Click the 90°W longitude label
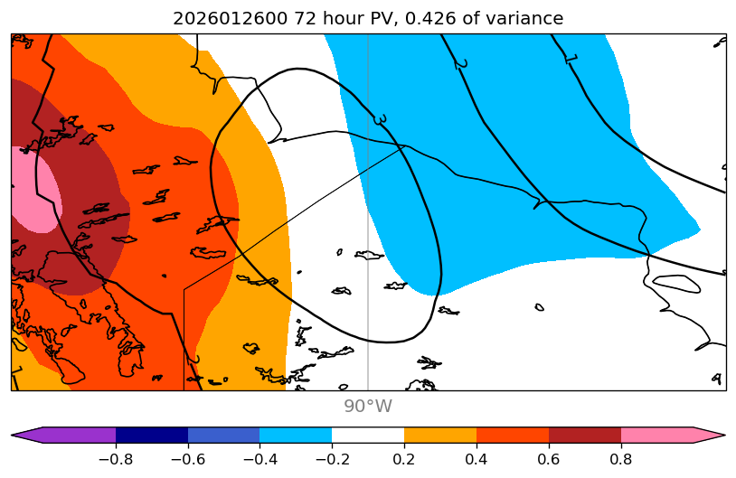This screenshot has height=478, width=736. [367, 407]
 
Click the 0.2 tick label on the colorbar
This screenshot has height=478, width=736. [404, 458]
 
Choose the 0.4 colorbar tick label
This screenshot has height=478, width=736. [477, 458]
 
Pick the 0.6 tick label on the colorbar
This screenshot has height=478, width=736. [549, 458]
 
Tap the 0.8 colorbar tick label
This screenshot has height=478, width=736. [621, 458]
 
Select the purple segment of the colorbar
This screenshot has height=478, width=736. [68, 435]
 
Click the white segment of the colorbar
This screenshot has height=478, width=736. [368, 435]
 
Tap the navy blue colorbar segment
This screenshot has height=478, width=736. [152, 435]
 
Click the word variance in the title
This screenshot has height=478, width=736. [524, 18]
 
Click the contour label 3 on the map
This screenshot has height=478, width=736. [380, 119]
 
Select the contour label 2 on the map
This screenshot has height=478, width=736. [461, 63]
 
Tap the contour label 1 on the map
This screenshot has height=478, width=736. [571, 59]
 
